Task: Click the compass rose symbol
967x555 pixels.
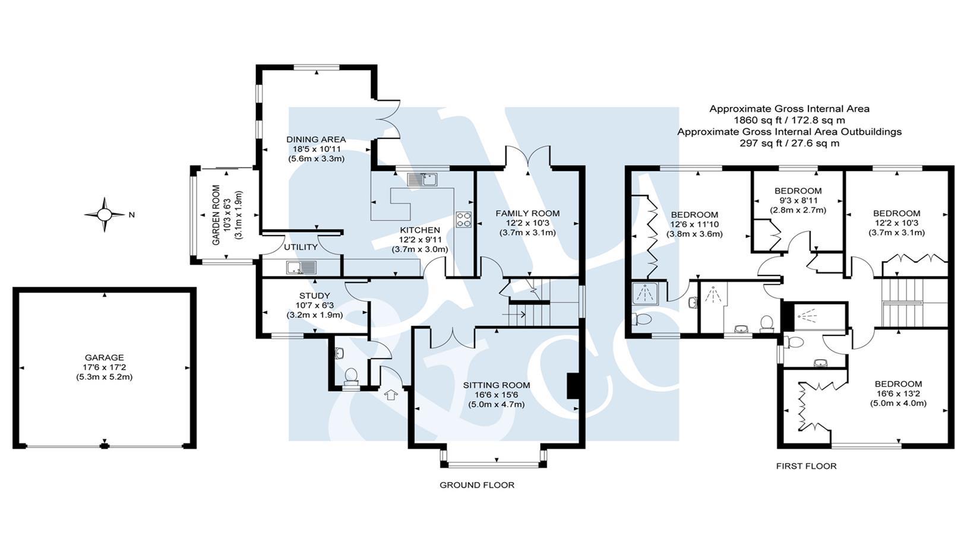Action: pos(105,214)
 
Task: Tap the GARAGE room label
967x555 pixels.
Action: pos(104,357)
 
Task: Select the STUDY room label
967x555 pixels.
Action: pos(314,296)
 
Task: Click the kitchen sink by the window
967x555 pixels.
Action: pos(422,179)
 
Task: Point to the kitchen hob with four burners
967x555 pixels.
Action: pos(463,220)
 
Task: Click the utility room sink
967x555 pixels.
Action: pos(301,268)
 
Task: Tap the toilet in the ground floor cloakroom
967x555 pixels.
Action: pos(351,376)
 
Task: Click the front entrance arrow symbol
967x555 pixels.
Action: pos(390,394)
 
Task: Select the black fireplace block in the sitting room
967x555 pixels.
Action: pos(573,386)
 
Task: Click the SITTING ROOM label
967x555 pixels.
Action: pos(497,385)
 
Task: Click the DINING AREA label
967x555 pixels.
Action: pos(316,139)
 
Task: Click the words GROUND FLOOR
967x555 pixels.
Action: pos(476,485)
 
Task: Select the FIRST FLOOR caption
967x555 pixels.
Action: pos(806,466)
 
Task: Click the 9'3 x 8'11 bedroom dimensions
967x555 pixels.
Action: pos(798,201)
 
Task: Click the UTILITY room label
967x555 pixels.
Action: pos(301,247)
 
